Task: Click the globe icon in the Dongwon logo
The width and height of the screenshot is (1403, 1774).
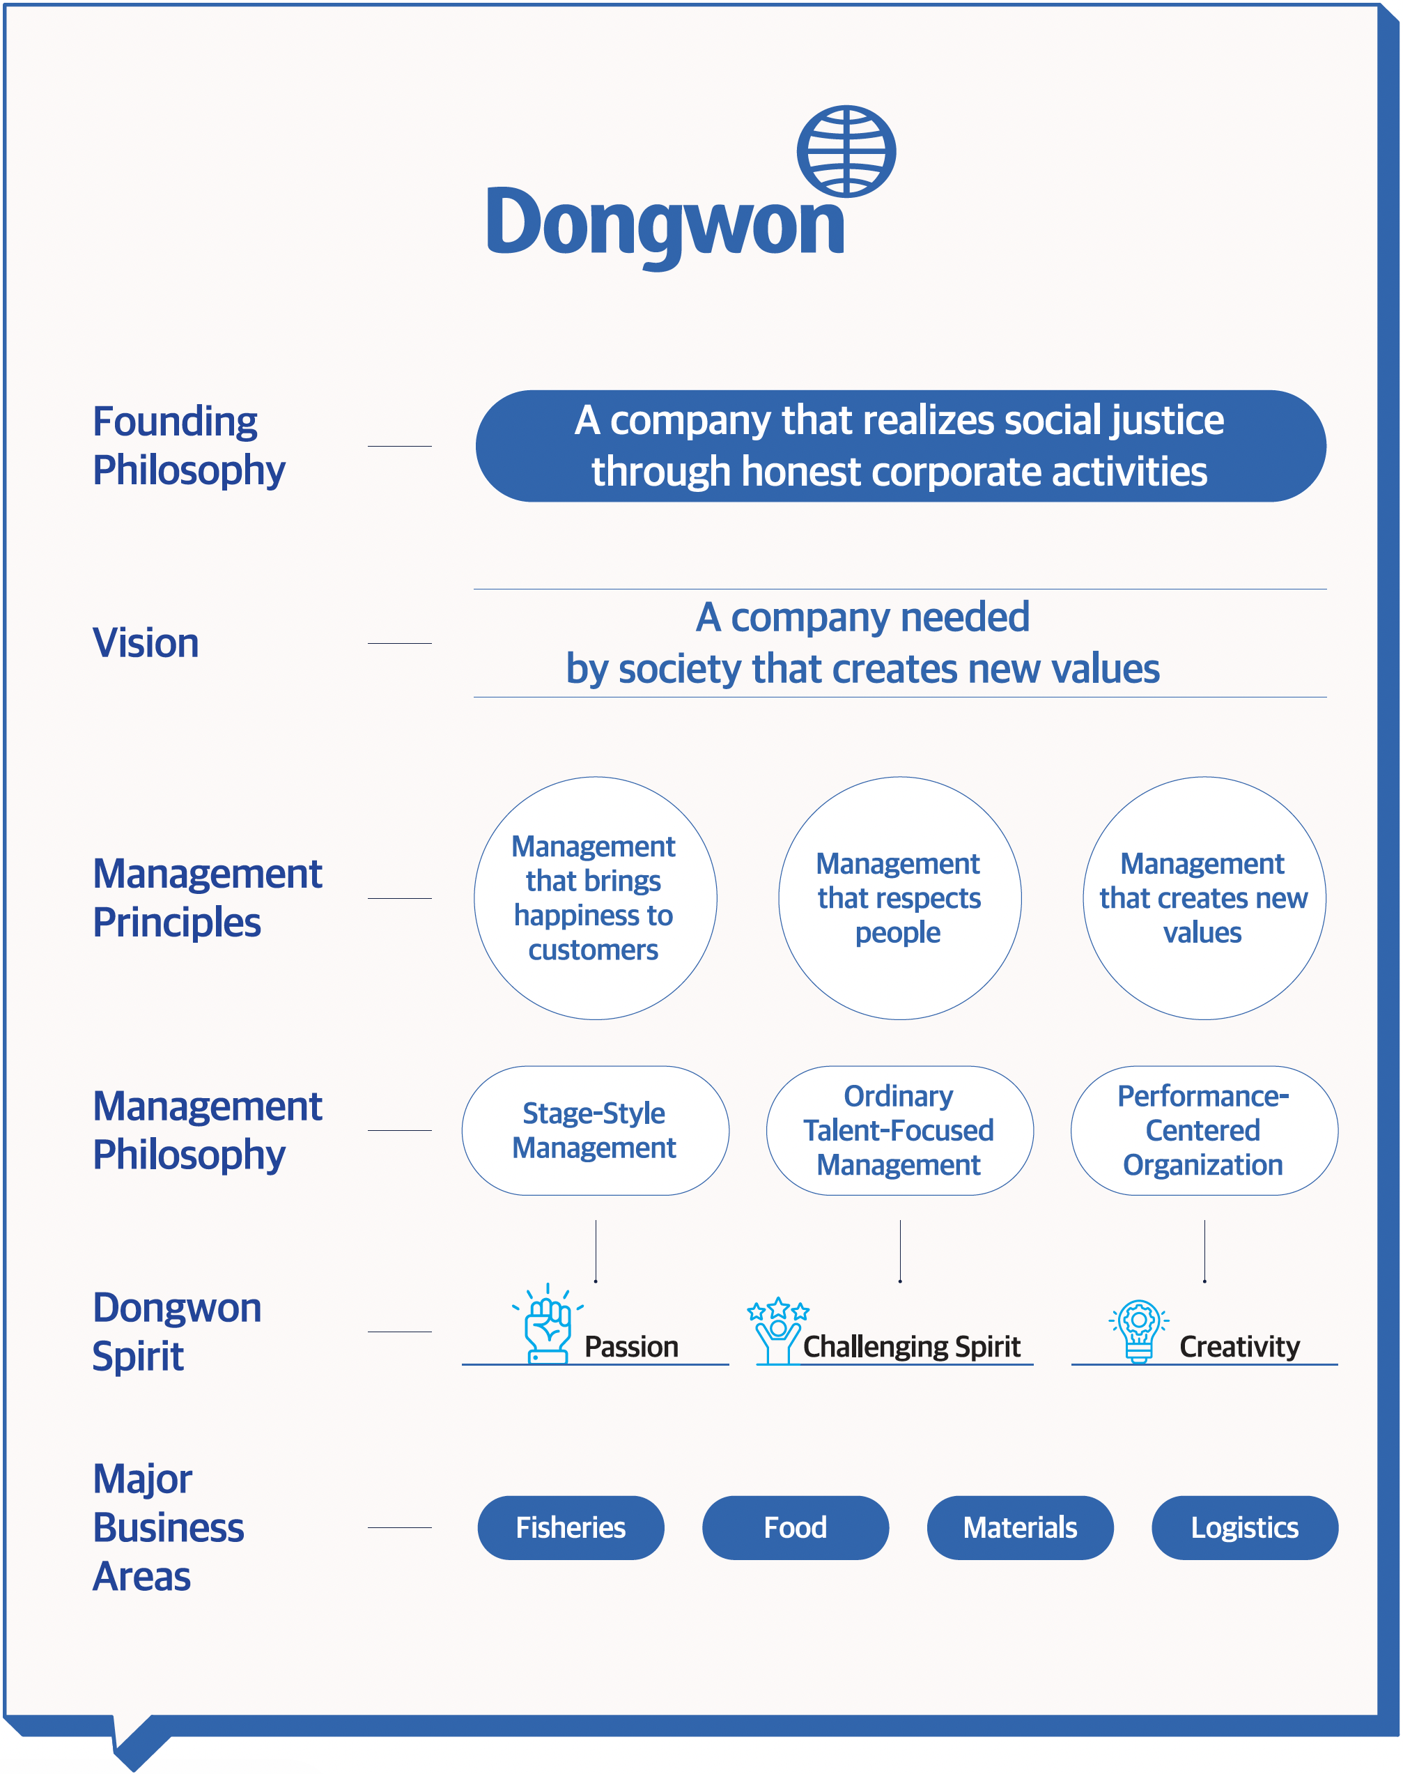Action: tap(846, 151)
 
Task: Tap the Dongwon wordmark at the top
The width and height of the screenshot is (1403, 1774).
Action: tap(665, 224)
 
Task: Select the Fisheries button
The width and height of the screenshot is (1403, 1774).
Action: tap(571, 1527)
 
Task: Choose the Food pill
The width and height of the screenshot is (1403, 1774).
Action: tap(795, 1527)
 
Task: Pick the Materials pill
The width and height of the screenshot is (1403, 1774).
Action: tap(1021, 1527)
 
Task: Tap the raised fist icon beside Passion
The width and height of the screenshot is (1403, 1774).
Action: tap(548, 1324)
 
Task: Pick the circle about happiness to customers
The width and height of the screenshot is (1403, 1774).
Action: tap(596, 898)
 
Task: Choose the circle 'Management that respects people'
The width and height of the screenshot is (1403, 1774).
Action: tap(899, 898)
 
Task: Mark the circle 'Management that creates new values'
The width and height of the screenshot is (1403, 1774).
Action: tap(1204, 898)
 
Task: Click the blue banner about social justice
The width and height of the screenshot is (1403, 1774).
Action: tap(900, 445)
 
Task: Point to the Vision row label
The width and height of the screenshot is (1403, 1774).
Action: tap(146, 642)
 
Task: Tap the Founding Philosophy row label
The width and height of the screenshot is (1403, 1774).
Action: tap(189, 446)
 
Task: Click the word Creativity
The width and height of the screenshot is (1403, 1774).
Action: tap(1239, 1346)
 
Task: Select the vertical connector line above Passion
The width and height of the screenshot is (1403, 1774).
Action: tap(596, 1251)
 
